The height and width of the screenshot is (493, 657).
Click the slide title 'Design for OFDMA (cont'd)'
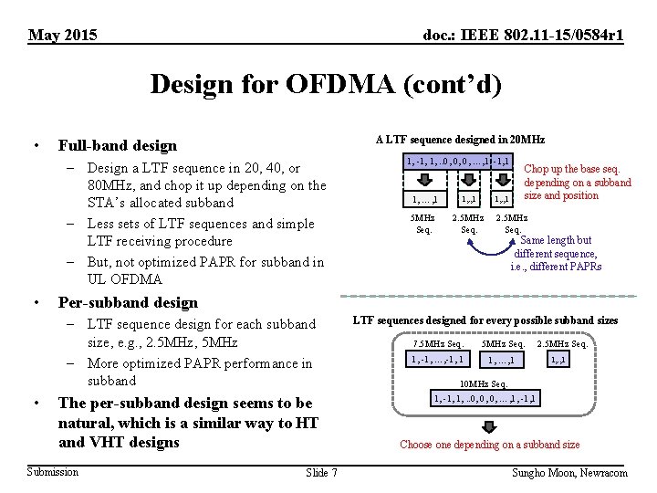pyautogui.click(x=326, y=85)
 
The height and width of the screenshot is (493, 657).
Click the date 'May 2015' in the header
pyautogui.click(x=64, y=36)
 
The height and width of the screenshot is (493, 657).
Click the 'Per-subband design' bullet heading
pyautogui.click(x=128, y=302)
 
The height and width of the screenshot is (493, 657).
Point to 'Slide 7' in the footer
pyautogui.click(x=322, y=472)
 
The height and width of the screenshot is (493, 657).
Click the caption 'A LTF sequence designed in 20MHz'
pyautogui.click(x=460, y=140)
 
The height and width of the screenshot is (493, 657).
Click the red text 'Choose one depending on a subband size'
pyautogui.click(x=490, y=445)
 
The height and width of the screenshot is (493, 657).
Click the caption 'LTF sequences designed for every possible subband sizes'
pyautogui.click(x=485, y=320)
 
